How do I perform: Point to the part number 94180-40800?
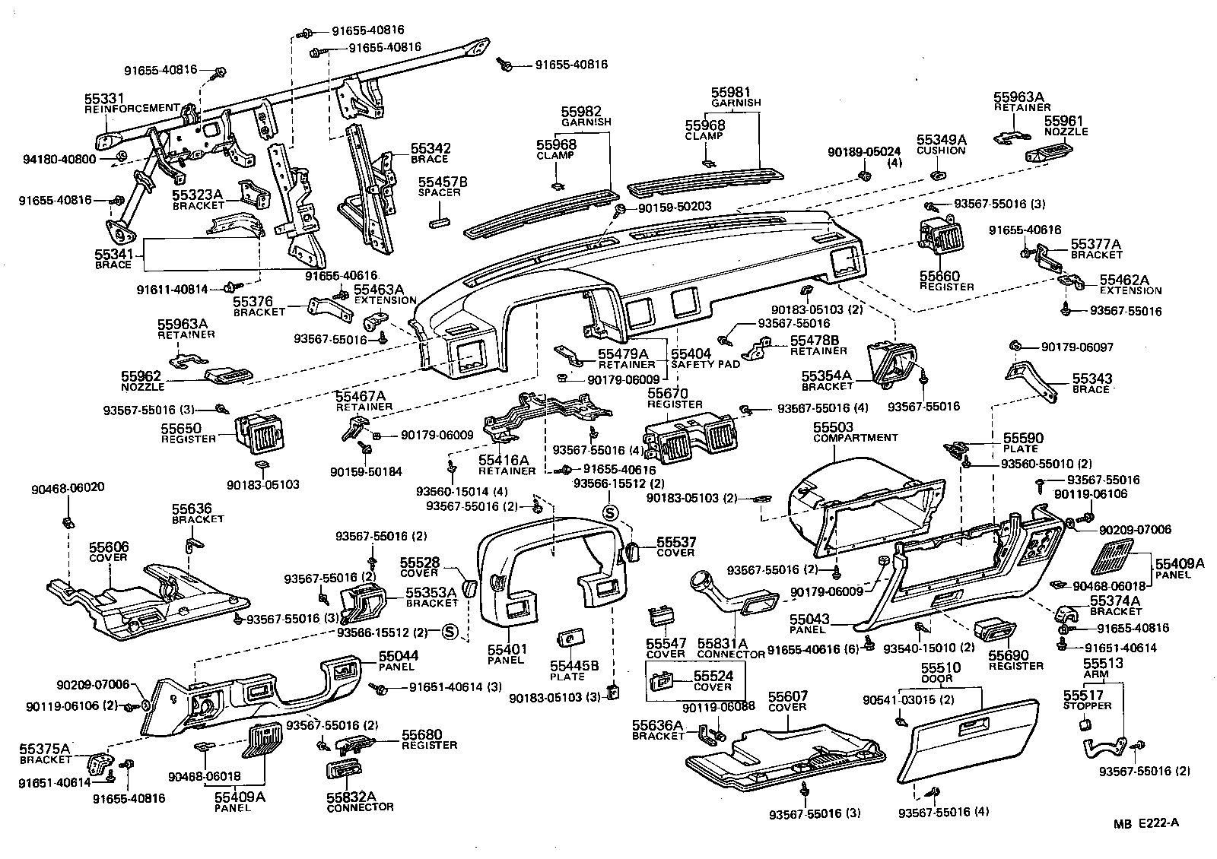[x=59, y=160]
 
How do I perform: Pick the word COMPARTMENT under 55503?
[x=855, y=438]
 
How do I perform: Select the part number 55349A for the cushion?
[x=941, y=140]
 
